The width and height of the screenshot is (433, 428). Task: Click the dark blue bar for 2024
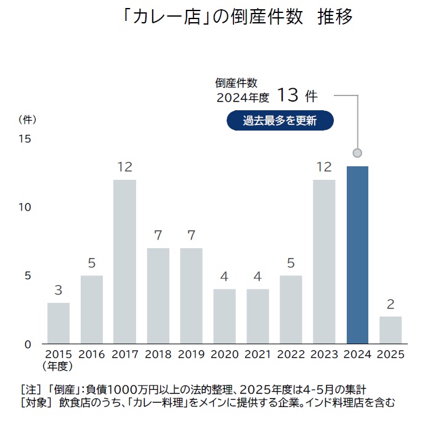click(357, 255)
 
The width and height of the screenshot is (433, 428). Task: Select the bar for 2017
click(124, 262)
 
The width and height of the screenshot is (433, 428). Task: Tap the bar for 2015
click(59, 323)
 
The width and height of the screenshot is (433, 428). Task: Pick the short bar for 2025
click(391, 330)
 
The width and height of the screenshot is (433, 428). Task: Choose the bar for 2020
click(224, 317)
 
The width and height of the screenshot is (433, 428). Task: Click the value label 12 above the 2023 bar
click(324, 167)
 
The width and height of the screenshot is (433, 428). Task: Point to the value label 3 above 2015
click(59, 290)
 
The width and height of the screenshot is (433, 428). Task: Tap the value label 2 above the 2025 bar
click(391, 304)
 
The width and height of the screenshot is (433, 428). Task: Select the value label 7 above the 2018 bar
click(158, 235)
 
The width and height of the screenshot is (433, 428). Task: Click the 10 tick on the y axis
click(24, 207)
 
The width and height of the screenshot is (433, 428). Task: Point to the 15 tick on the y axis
click(24, 139)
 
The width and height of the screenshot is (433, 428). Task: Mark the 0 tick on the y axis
click(28, 344)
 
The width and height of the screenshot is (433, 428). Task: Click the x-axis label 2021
click(257, 355)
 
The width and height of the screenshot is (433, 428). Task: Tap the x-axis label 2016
click(91, 355)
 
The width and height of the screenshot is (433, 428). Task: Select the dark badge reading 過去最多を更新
click(280, 121)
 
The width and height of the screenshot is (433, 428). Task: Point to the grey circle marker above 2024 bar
click(357, 153)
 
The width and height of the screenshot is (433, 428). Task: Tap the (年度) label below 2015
click(59, 366)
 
